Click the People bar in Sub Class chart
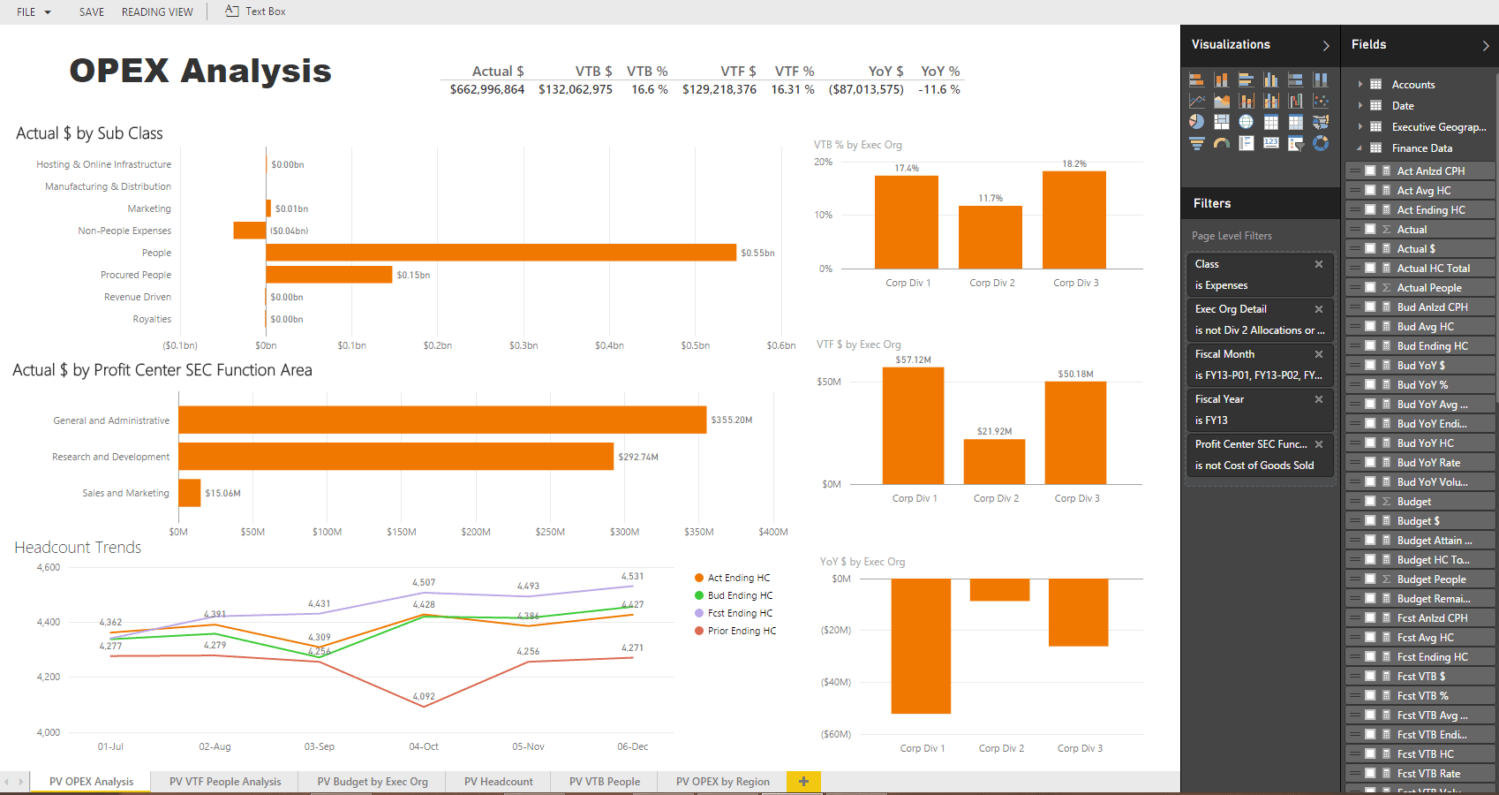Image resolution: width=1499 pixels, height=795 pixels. [x=501, y=253]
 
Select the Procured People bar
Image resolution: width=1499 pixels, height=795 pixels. [x=328, y=275]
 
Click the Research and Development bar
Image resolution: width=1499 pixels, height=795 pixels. [x=395, y=457]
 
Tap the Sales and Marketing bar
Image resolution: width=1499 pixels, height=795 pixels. [x=190, y=493]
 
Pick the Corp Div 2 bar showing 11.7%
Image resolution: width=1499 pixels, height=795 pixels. [x=990, y=237]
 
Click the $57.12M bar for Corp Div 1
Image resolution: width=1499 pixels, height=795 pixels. [x=913, y=425]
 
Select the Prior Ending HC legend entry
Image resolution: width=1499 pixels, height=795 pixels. [x=742, y=631]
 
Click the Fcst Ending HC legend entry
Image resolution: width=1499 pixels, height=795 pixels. [x=740, y=613]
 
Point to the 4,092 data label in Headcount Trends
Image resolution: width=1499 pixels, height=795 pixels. [x=424, y=697]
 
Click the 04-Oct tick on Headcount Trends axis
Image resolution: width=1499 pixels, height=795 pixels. [x=424, y=746]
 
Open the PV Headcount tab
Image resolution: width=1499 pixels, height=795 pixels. [x=498, y=782]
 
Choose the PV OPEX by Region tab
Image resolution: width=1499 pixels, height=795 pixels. [x=722, y=782]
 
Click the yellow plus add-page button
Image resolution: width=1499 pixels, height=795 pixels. [x=803, y=782]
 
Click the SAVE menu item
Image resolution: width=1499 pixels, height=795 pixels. [x=92, y=12]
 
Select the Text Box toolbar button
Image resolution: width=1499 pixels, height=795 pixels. [x=255, y=11]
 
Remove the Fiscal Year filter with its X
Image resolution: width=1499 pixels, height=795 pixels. [x=1319, y=399]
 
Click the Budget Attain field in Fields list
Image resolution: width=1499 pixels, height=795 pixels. [x=1434, y=541]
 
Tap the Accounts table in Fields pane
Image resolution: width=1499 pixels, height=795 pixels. [x=1412, y=85]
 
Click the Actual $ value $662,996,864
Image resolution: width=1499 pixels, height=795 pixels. [x=487, y=89]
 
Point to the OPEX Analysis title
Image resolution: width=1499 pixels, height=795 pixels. [x=200, y=71]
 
